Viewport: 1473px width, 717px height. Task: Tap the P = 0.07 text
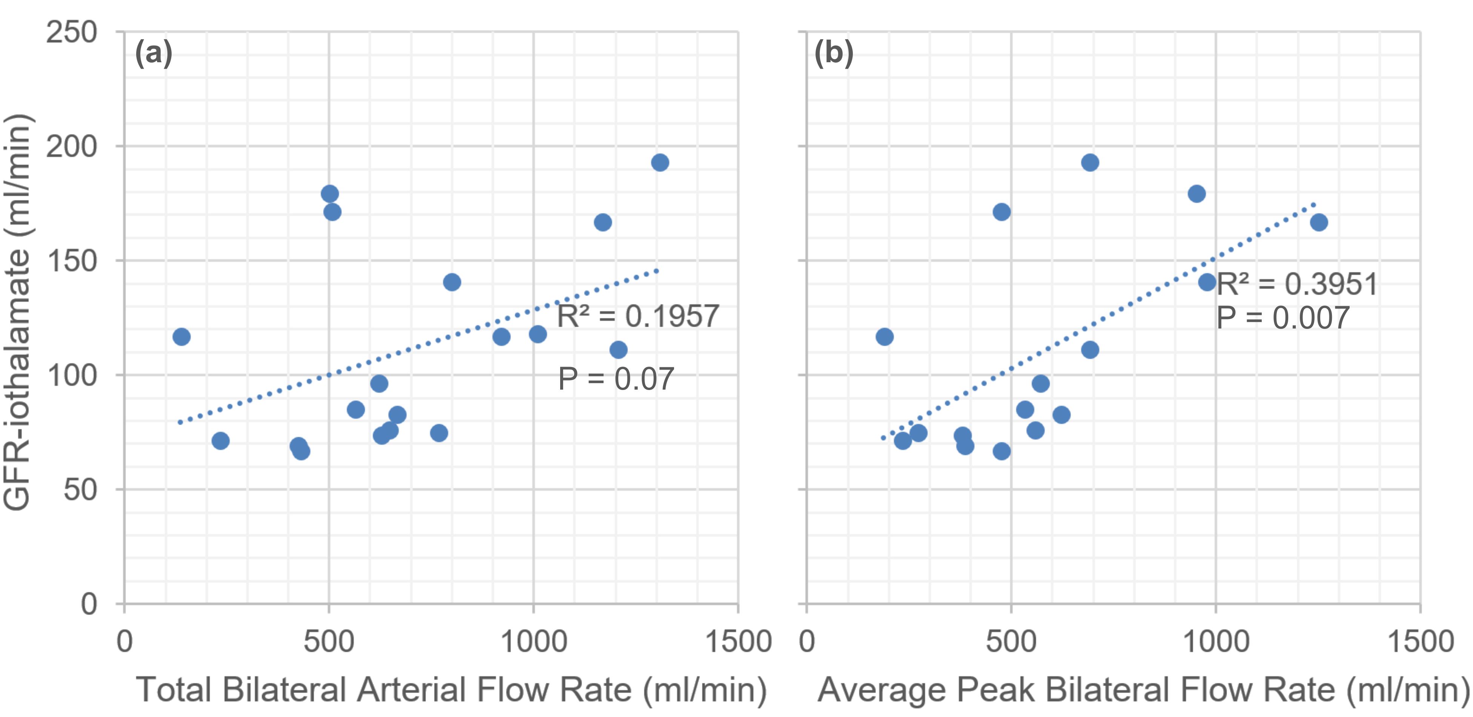click(616, 379)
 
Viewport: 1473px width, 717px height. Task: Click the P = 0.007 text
click(1283, 318)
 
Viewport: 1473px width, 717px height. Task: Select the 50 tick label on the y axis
click(80, 490)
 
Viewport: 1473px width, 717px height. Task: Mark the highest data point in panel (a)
click(660, 163)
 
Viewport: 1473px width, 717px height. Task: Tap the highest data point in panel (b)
click(1090, 163)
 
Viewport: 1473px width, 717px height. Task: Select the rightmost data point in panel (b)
click(1319, 223)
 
